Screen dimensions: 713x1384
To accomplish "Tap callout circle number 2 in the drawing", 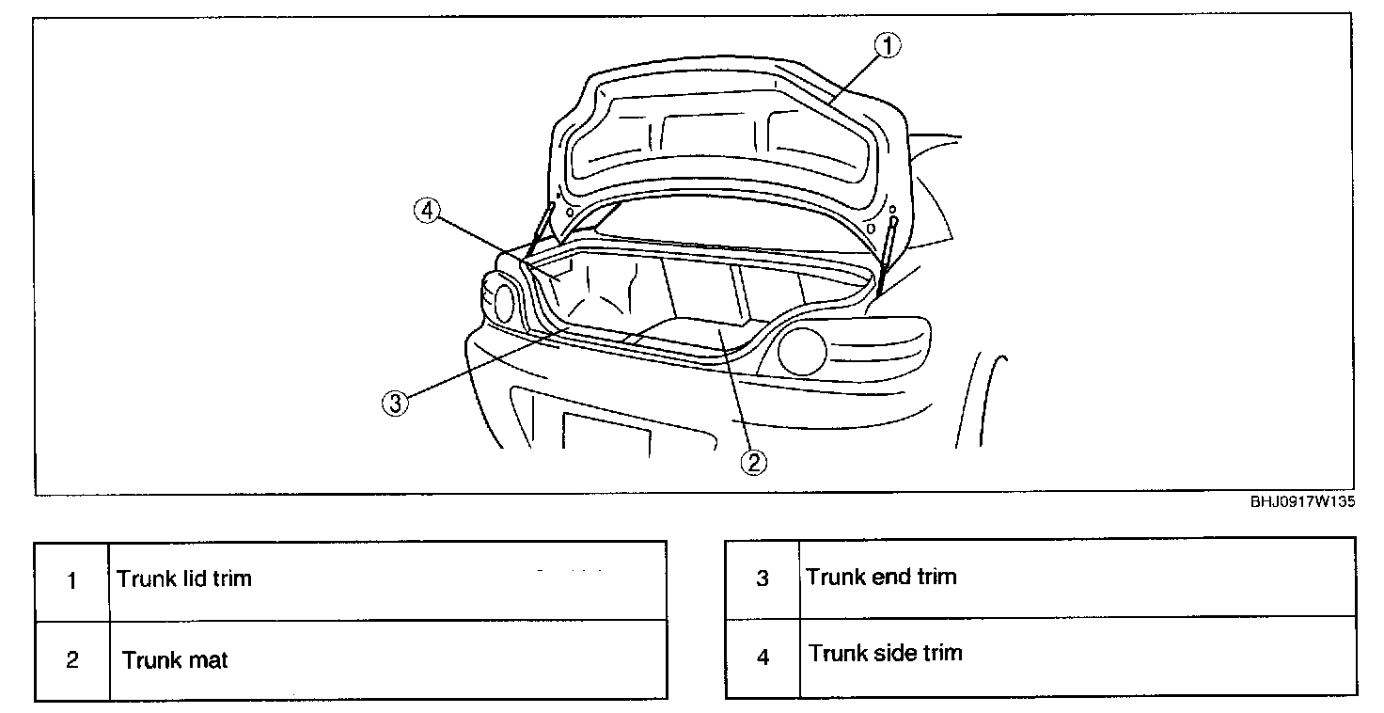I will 753,462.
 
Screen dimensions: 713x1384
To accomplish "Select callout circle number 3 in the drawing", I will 396,404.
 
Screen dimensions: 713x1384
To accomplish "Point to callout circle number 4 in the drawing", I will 426,212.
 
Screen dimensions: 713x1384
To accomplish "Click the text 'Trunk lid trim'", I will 184,578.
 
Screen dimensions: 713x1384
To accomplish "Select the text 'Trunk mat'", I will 175,660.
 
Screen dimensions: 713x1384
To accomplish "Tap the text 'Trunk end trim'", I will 881,577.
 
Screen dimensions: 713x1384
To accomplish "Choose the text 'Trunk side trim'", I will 885,653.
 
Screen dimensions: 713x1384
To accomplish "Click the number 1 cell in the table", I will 72,580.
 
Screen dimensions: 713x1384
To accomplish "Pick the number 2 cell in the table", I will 72,660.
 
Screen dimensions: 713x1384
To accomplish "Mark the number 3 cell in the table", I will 763,578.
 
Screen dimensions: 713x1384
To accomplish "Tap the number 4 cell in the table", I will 763,658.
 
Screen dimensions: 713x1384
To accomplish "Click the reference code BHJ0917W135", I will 1302,502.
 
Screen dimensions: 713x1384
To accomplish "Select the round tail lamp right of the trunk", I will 802,351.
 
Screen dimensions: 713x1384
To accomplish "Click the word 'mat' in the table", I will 207,660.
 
